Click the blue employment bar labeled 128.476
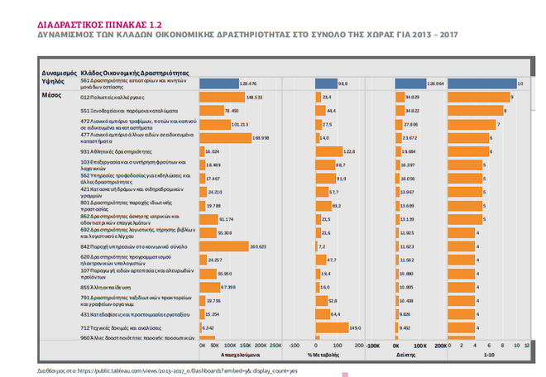pos(218,84)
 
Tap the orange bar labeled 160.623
pos(223,246)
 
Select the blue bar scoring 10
pos(481,84)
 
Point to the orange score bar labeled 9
pos(478,98)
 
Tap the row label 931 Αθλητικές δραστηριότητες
pos(119,152)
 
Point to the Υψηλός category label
pos(52,81)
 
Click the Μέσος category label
pos(50,96)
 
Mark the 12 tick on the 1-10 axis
pos(527,344)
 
